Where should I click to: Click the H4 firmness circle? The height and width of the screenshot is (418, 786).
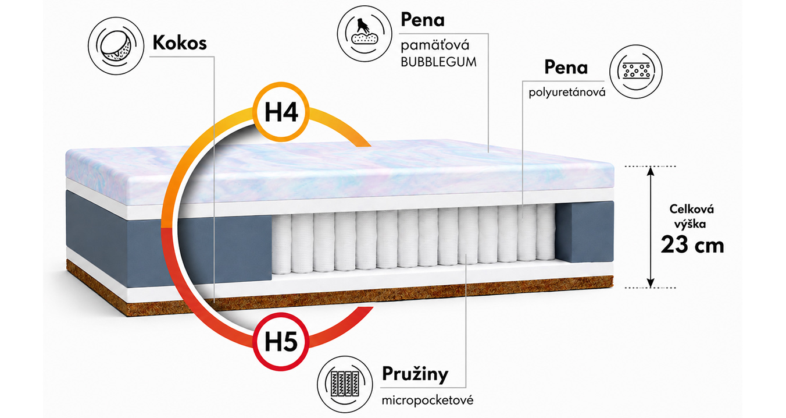click(x=281, y=112)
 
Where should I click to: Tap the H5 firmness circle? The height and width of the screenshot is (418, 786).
click(x=281, y=341)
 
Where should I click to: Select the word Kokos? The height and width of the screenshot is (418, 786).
click(x=180, y=43)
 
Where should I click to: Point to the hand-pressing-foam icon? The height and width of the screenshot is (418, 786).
click(x=365, y=34)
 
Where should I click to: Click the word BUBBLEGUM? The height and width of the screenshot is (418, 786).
click(x=438, y=62)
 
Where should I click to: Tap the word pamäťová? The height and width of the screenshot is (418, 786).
click(x=435, y=45)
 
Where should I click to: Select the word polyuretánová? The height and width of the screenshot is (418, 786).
click(x=567, y=93)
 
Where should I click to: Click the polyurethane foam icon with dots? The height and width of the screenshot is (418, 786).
click(x=636, y=71)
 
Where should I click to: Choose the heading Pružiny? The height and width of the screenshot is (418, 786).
click(x=415, y=374)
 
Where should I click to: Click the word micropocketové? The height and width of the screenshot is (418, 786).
click(x=427, y=401)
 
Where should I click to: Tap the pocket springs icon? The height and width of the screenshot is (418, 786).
click(x=345, y=384)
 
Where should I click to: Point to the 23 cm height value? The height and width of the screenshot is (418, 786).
click(x=692, y=245)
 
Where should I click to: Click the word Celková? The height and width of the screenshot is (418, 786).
click(x=692, y=210)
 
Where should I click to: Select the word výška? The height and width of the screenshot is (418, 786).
click(x=690, y=224)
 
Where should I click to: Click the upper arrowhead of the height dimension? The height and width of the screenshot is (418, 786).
click(x=651, y=171)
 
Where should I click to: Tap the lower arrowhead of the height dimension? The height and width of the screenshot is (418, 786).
click(x=651, y=282)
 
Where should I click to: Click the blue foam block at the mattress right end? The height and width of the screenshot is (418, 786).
click(x=585, y=232)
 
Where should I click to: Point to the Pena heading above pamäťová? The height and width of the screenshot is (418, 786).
click(x=423, y=20)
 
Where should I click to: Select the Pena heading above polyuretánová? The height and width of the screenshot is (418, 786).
click(x=566, y=68)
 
